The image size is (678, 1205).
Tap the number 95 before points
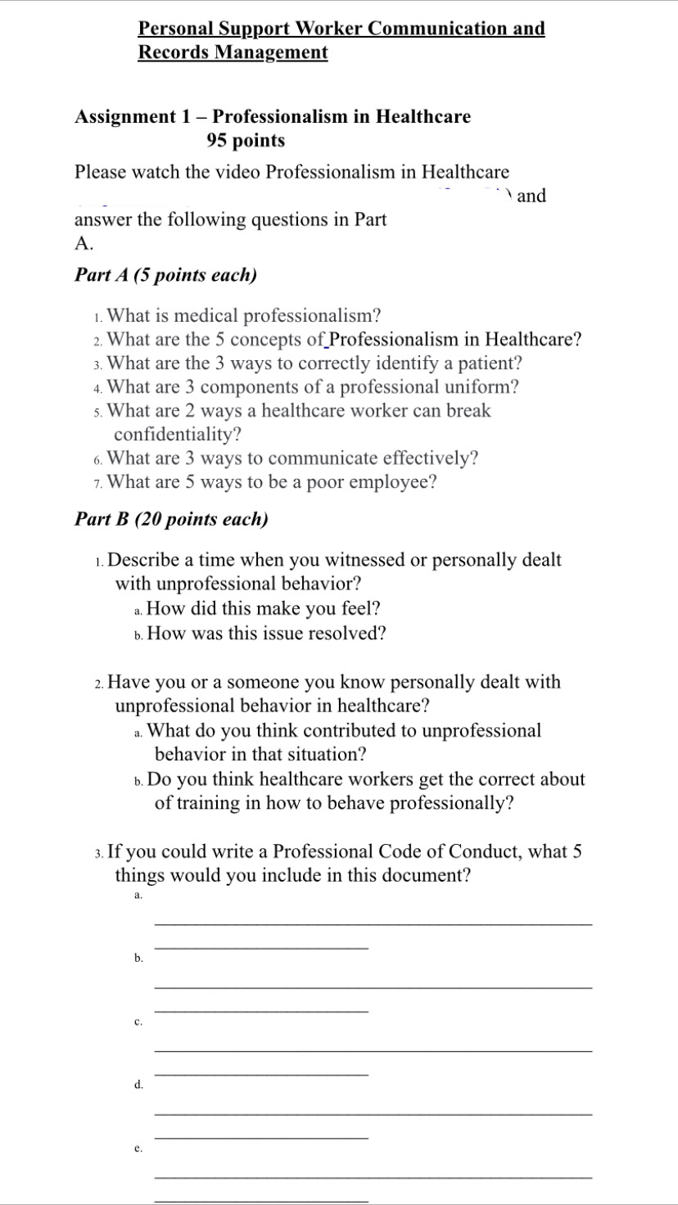217,141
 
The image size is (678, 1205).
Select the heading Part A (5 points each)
165,275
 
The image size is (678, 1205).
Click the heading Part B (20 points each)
171,519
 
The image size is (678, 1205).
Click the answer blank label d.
138,1085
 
